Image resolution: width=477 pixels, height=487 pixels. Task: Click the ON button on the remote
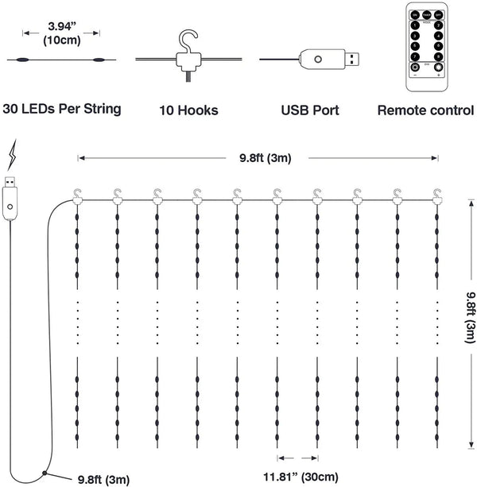point(415,15)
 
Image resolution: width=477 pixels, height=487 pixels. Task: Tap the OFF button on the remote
point(438,15)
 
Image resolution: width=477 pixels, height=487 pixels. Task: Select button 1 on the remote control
point(415,25)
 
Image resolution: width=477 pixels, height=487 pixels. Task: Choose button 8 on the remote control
point(438,56)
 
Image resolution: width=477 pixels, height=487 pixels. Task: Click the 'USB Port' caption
point(311,109)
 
